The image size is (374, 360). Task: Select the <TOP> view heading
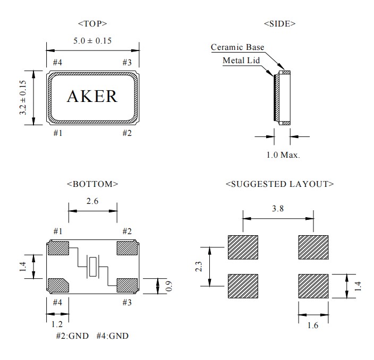pos(92,23)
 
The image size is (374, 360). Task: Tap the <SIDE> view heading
pos(279,23)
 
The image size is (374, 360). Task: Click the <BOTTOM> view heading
pos(92,184)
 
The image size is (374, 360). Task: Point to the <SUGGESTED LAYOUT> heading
pos(279,184)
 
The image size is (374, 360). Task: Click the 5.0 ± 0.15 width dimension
pos(92,40)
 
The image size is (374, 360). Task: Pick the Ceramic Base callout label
pos(237,47)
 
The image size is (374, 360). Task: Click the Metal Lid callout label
pos(241,60)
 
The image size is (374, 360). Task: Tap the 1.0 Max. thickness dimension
pos(283,156)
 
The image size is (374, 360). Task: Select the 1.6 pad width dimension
pos(312,325)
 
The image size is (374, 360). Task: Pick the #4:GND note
pos(112,336)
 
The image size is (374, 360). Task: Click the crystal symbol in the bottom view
pos(93,267)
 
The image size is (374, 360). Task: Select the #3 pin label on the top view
pos(127,63)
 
